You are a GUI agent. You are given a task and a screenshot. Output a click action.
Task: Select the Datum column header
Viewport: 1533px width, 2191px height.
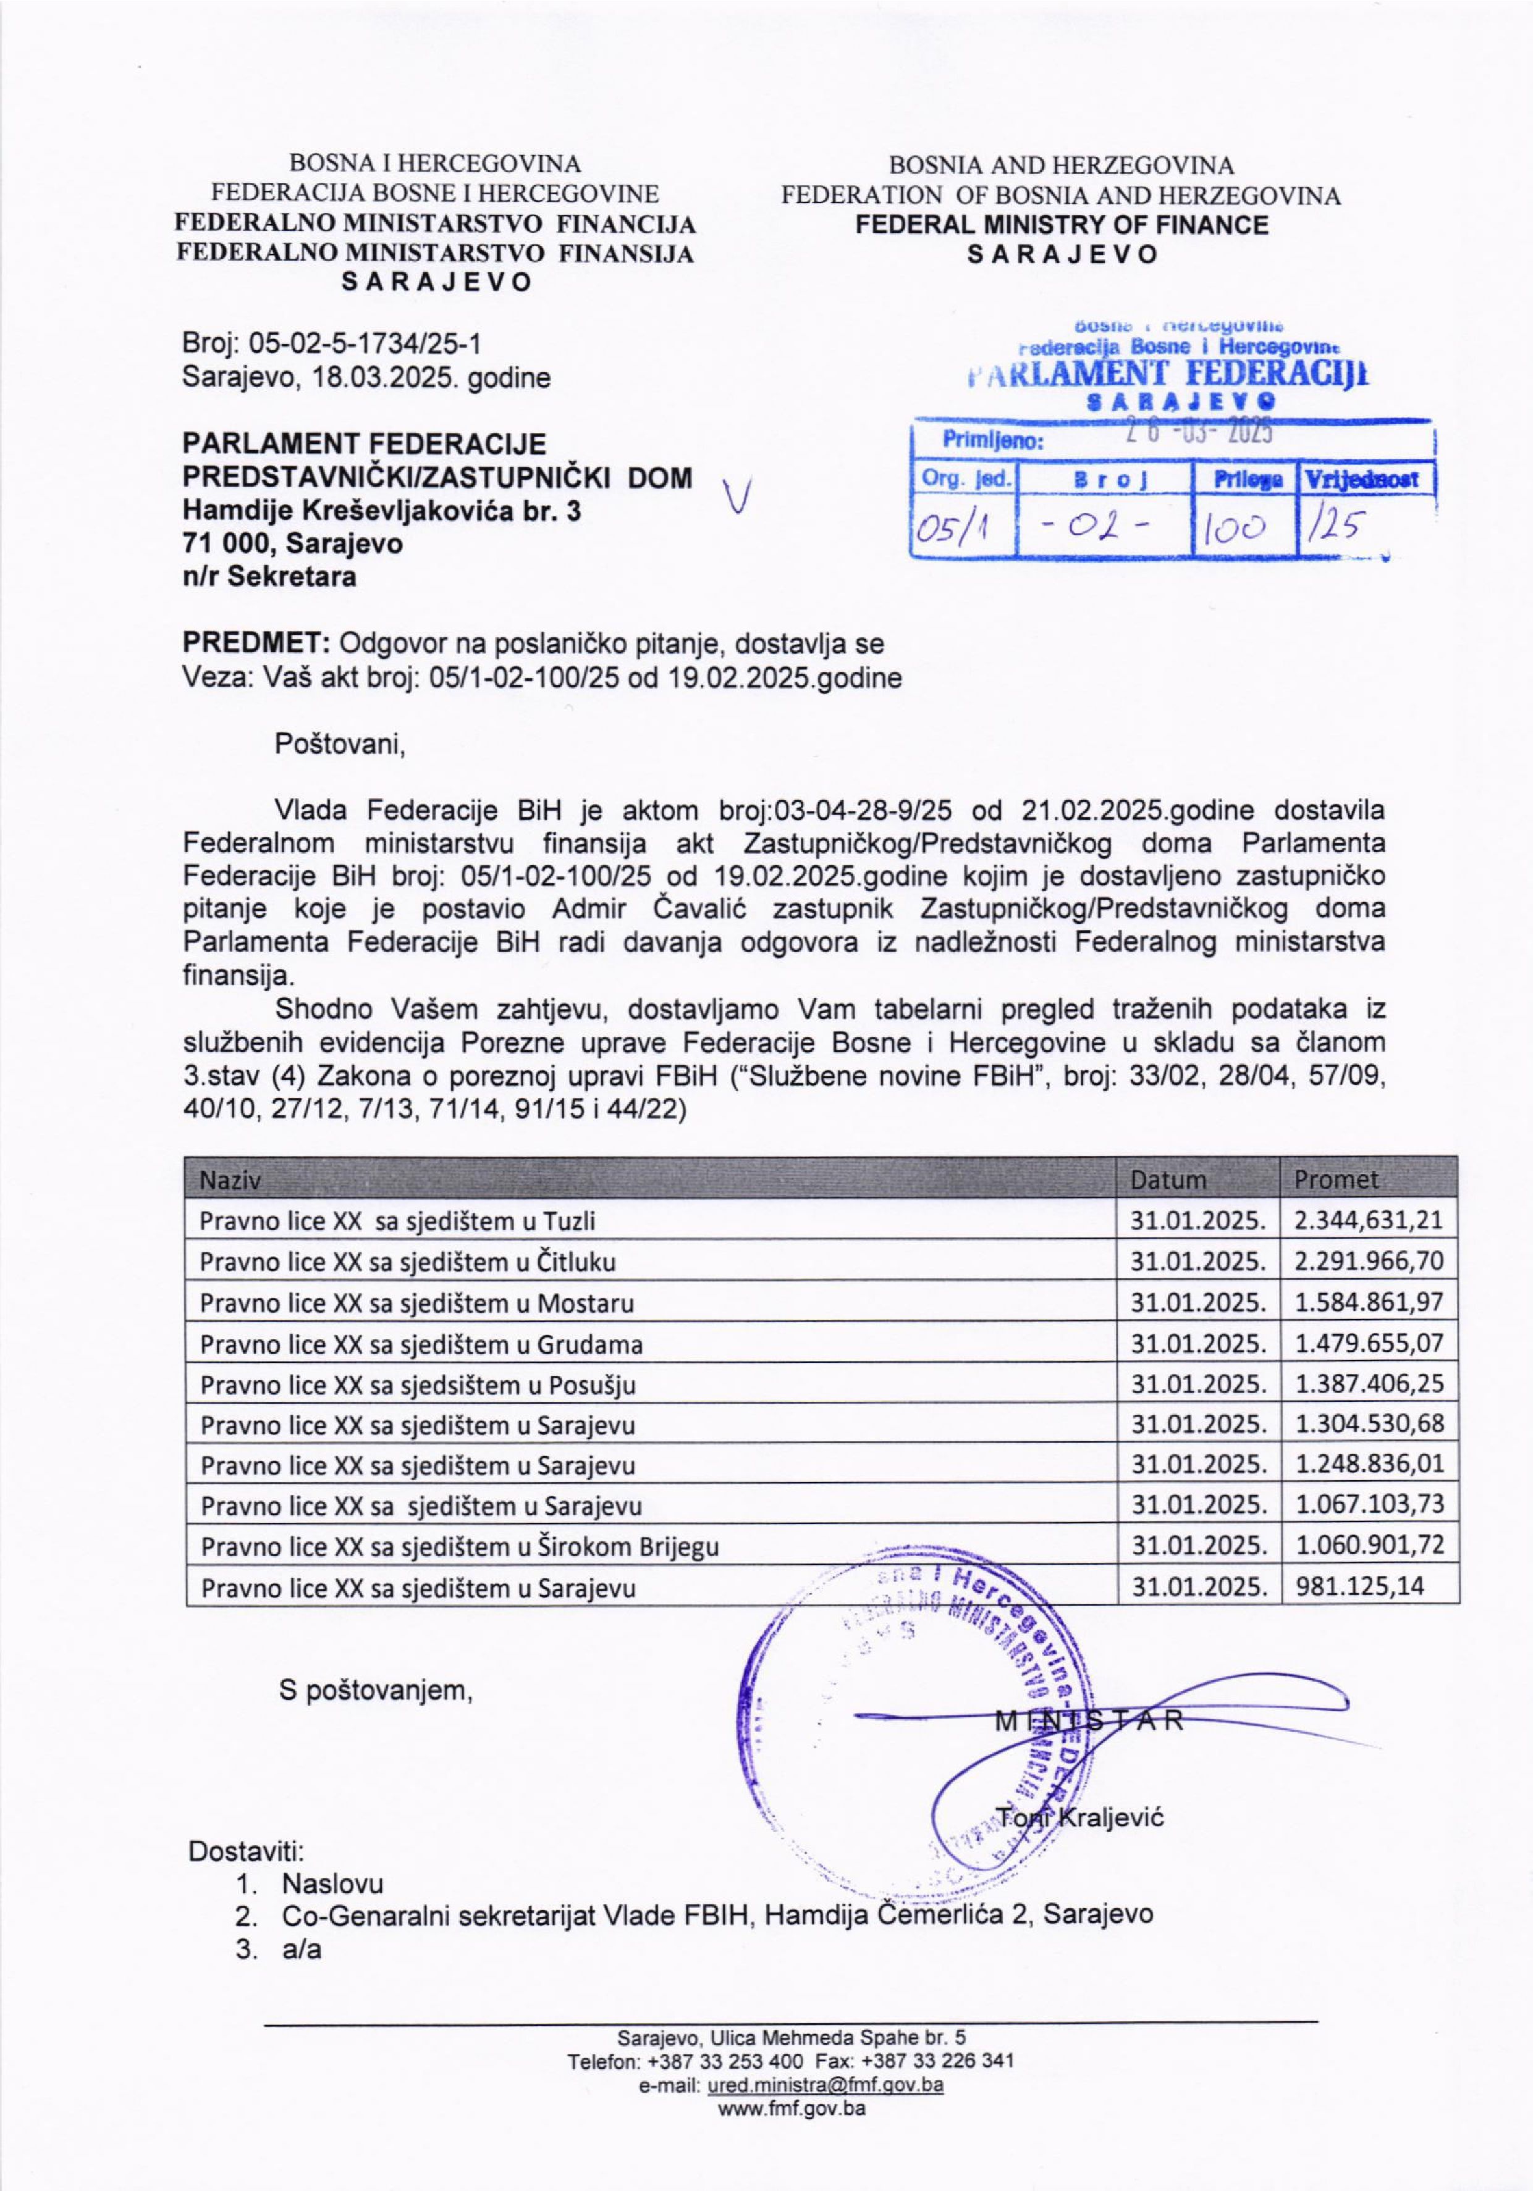point(1168,1179)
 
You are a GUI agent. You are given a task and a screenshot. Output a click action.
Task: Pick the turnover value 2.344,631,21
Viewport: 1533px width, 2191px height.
point(1368,1220)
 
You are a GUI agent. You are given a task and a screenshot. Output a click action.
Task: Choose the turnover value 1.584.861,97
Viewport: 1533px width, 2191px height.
point(1368,1302)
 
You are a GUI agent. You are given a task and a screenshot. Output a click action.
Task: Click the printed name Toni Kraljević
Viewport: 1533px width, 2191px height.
point(1079,1817)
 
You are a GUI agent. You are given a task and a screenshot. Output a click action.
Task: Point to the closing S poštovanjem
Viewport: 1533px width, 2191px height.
point(375,1690)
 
